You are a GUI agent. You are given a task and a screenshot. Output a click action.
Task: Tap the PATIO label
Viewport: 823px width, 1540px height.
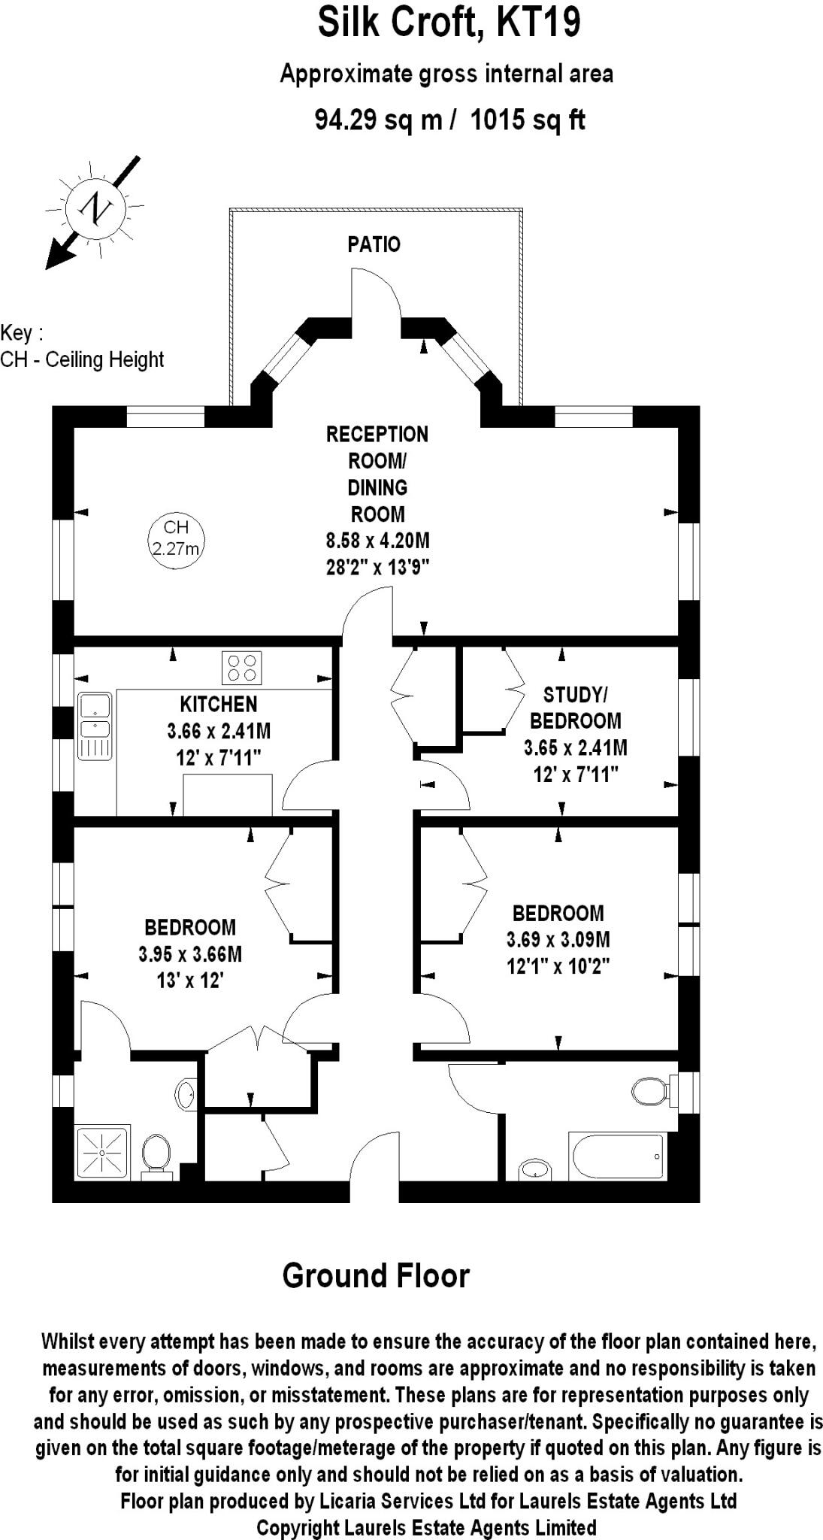tap(374, 244)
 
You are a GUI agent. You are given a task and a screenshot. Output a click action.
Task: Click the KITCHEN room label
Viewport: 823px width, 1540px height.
tap(218, 705)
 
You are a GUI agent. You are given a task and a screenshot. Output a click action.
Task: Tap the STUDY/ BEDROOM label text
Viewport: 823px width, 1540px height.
tap(575, 708)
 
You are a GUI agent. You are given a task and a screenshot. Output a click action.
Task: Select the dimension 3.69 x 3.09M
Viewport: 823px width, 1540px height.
tap(558, 939)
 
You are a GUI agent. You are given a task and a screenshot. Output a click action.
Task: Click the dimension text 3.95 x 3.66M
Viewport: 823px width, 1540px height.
tap(190, 954)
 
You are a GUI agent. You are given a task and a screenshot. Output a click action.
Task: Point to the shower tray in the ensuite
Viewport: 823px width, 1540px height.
tap(102, 1151)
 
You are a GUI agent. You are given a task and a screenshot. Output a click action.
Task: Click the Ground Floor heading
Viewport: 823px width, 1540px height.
tap(376, 1276)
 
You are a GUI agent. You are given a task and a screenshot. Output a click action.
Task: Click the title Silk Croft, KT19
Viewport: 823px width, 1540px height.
tap(449, 23)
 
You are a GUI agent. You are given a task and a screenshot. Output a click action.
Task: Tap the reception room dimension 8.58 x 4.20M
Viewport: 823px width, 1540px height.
tap(377, 541)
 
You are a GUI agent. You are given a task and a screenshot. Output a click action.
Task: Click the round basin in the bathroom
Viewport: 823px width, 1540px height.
tap(534, 1169)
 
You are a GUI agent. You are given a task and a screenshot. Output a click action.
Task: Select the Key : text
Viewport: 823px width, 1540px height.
tap(22, 332)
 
